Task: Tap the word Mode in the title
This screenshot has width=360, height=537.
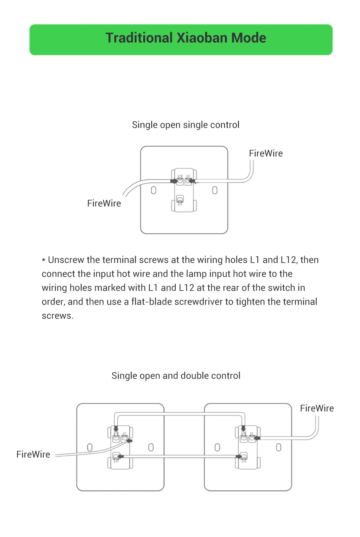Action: (x=249, y=38)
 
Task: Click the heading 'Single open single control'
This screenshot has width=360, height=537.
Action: (x=185, y=125)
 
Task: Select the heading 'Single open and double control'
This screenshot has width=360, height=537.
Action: (x=176, y=375)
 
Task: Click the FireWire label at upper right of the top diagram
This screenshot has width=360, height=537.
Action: (x=266, y=153)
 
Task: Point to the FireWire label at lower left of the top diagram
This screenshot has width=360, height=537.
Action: (x=104, y=203)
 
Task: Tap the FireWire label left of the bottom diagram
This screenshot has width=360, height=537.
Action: (x=33, y=454)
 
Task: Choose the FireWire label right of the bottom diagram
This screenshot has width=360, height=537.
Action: (x=317, y=408)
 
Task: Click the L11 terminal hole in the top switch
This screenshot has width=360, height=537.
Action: (x=180, y=199)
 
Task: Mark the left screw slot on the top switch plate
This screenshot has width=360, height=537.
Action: (x=154, y=190)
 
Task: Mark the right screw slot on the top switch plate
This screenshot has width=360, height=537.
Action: (x=215, y=190)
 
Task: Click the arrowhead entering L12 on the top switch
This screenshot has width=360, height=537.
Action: (x=174, y=181)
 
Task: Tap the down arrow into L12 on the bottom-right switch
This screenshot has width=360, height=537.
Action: (x=243, y=429)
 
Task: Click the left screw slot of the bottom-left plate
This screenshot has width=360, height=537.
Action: (x=90, y=447)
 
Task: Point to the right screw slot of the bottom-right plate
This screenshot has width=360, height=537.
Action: (x=279, y=447)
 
